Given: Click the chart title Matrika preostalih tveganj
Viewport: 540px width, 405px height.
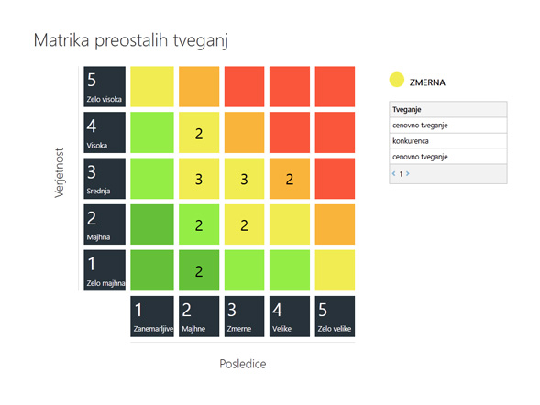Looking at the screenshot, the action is pyautogui.click(x=131, y=41).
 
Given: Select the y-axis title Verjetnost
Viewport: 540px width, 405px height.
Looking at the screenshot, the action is pyautogui.click(x=60, y=173).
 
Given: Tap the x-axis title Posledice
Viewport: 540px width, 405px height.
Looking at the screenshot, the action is pyautogui.click(x=243, y=364).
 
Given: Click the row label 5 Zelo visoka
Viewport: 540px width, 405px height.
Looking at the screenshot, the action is pyautogui.click(x=105, y=86).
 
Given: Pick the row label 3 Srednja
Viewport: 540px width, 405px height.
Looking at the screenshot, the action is pyautogui.click(x=105, y=179).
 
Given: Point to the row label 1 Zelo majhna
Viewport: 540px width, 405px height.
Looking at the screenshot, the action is pyautogui.click(x=105, y=270).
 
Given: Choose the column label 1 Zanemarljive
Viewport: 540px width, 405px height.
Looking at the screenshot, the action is pyautogui.click(x=152, y=316).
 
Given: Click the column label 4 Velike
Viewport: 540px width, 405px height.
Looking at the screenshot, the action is pyautogui.click(x=290, y=316).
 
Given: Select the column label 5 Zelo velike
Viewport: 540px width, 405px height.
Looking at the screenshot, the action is pyautogui.click(x=335, y=316).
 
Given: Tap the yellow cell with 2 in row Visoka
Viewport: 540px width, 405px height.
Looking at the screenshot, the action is pyautogui.click(x=199, y=133).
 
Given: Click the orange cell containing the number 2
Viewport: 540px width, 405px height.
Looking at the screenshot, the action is pyautogui.click(x=290, y=179).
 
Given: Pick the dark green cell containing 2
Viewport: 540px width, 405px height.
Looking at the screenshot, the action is pyautogui.click(x=199, y=270).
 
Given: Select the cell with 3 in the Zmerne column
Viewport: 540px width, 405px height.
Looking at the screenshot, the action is pyautogui.click(x=244, y=179).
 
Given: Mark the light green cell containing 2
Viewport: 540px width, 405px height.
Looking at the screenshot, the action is pyautogui.click(x=199, y=224).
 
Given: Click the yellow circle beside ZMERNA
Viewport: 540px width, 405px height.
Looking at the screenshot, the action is pyautogui.click(x=397, y=80).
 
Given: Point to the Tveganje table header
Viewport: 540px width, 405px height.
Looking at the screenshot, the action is pyautogui.click(x=448, y=109).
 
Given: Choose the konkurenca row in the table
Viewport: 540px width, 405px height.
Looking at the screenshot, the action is pyautogui.click(x=448, y=141).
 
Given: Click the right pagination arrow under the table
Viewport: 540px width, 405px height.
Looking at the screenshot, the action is pyautogui.click(x=408, y=173).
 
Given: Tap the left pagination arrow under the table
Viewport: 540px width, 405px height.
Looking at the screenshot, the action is pyautogui.click(x=393, y=173).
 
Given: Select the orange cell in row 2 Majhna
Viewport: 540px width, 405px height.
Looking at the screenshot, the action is pyautogui.click(x=335, y=224).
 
